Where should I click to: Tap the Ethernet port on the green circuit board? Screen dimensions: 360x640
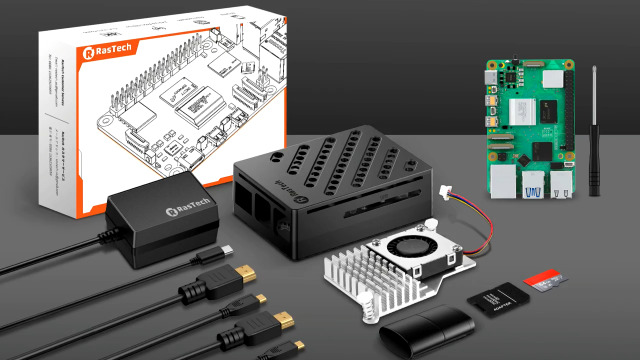pyautogui.click(x=561, y=184)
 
